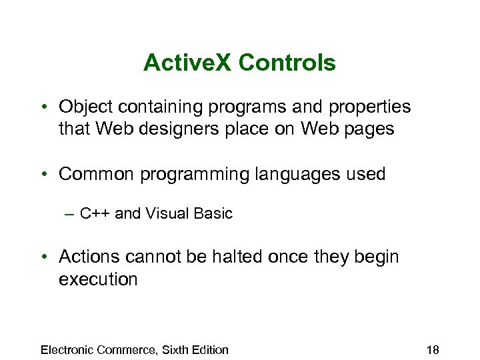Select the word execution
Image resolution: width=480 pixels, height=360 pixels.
tap(98, 279)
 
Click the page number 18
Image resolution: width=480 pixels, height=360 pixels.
tap(431, 349)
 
